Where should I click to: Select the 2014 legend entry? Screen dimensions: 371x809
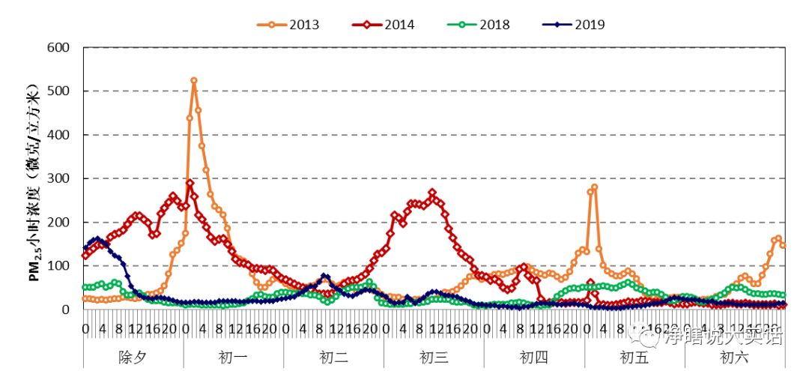coord(384,25)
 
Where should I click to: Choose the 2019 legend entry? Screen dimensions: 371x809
coord(574,25)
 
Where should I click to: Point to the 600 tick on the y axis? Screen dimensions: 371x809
coord(58,47)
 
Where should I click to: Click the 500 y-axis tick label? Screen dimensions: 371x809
coord(58,91)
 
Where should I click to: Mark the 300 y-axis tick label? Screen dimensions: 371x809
coord(58,178)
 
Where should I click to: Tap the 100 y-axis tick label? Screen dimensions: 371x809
coord(58,266)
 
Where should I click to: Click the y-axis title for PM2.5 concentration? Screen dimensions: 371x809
coord(34,178)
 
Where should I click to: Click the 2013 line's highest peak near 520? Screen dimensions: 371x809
coord(194,80)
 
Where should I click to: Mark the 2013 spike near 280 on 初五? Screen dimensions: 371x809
coord(595,187)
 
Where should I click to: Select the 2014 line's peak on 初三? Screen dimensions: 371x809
coord(432,193)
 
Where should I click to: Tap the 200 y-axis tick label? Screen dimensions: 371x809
coord(58,222)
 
